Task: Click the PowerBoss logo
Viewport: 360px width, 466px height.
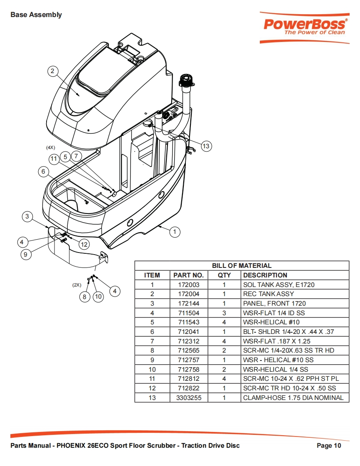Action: pyautogui.click(x=304, y=28)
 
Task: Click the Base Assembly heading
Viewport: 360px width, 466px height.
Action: pyautogui.click(x=36, y=15)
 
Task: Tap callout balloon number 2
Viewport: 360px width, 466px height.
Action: pyautogui.click(x=53, y=71)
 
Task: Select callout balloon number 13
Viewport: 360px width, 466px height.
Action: pyautogui.click(x=206, y=146)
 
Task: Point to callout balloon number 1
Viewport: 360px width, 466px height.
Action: pyautogui.click(x=175, y=231)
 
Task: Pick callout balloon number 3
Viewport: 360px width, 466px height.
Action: pyautogui.click(x=27, y=216)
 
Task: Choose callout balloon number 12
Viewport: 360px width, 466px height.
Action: pyautogui.click(x=84, y=244)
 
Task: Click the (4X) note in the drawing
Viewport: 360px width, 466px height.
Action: pyautogui.click(x=51, y=147)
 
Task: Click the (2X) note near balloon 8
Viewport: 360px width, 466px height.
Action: pyautogui.click(x=77, y=285)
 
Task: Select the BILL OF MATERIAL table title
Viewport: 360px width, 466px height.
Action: pyautogui.click(x=242, y=266)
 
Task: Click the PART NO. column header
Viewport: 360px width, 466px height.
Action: pyautogui.click(x=189, y=275)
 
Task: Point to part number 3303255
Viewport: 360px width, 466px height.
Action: pyautogui.click(x=189, y=397)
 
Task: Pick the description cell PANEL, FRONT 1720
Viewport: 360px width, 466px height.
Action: pyautogui.click(x=274, y=304)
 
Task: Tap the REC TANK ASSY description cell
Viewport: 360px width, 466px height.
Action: pyautogui.click(x=269, y=294)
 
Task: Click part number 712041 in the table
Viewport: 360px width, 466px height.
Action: pyautogui.click(x=189, y=332)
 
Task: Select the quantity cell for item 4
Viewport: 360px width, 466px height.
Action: pyautogui.click(x=224, y=313)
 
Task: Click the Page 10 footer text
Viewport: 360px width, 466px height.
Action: pyautogui.click(x=329, y=446)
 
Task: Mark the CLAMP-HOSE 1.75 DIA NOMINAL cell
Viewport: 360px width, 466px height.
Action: pyautogui.click(x=293, y=397)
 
